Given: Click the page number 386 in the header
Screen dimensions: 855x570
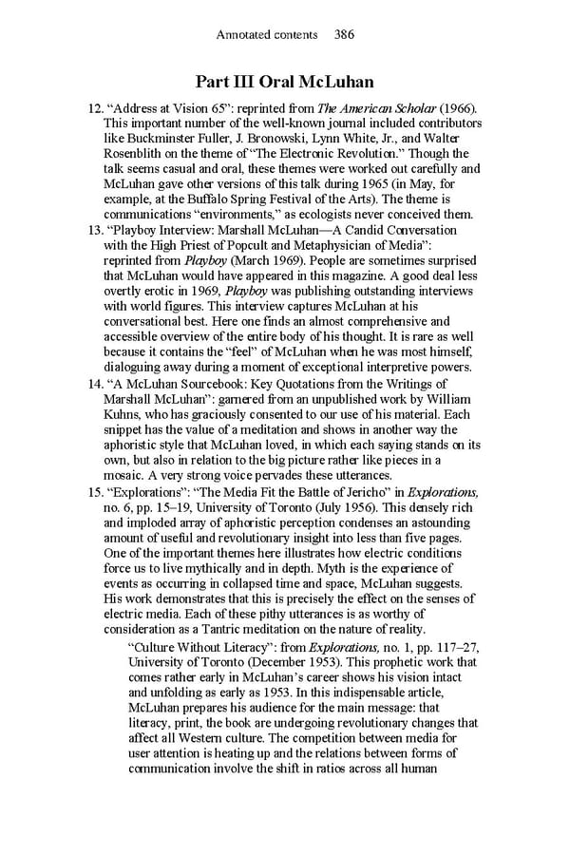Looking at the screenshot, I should tap(344, 35).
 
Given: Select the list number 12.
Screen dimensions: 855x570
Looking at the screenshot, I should tap(93, 109).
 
